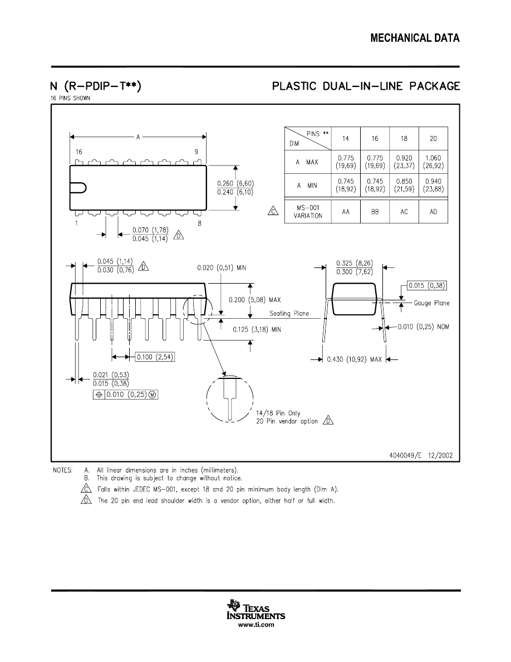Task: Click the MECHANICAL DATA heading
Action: [415, 38]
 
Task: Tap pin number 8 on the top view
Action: [199, 223]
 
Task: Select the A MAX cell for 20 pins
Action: [432, 162]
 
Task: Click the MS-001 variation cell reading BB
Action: [375, 212]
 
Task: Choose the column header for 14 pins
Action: [346, 139]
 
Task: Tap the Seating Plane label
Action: [289, 314]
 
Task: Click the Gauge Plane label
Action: [431, 303]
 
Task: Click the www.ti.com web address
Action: [256, 625]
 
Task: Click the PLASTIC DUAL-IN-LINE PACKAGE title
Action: [366, 86]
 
